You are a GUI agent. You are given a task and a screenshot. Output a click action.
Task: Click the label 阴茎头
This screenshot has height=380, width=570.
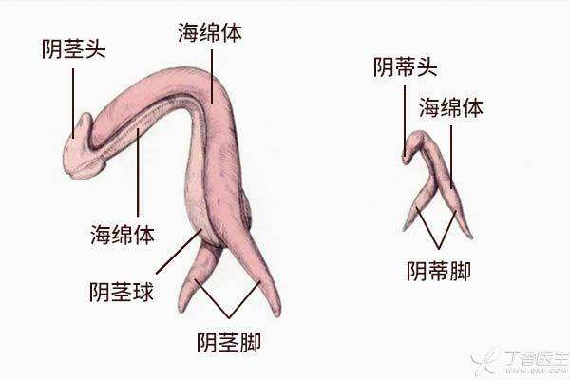(x=73, y=49)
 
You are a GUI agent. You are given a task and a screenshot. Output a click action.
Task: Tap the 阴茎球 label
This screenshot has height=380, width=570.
(x=122, y=292)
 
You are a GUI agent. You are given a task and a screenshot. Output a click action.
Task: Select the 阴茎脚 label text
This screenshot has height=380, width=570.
(x=229, y=342)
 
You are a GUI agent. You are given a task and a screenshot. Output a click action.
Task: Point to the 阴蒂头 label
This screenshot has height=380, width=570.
(x=405, y=66)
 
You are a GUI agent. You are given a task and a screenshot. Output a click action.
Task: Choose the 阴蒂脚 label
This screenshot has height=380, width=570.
(x=438, y=271)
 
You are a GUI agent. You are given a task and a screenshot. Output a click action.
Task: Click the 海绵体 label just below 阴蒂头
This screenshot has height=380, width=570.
(x=451, y=107)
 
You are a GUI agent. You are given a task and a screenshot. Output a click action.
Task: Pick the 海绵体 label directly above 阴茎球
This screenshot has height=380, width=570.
(x=123, y=235)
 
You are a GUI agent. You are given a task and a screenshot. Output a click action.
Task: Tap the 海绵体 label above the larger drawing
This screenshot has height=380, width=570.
(x=210, y=32)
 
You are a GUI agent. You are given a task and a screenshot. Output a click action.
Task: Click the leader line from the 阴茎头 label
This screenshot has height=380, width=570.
(x=73, y=104)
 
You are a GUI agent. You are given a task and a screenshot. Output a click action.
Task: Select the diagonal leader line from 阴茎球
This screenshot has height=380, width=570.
(x=179, y=251)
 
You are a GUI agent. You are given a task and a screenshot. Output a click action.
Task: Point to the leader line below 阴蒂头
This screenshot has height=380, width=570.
(x=405, y=121)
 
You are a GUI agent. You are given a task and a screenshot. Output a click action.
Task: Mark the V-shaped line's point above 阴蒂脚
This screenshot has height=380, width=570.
(x=439, y=249)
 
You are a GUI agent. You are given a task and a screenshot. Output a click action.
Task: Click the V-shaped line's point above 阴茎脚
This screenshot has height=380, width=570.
(x=229, y=317)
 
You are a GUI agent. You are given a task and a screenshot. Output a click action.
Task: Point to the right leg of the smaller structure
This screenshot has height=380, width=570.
(x=459, y=211)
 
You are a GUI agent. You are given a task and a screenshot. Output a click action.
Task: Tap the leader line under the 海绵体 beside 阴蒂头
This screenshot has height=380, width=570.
(x=451, y=157)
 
